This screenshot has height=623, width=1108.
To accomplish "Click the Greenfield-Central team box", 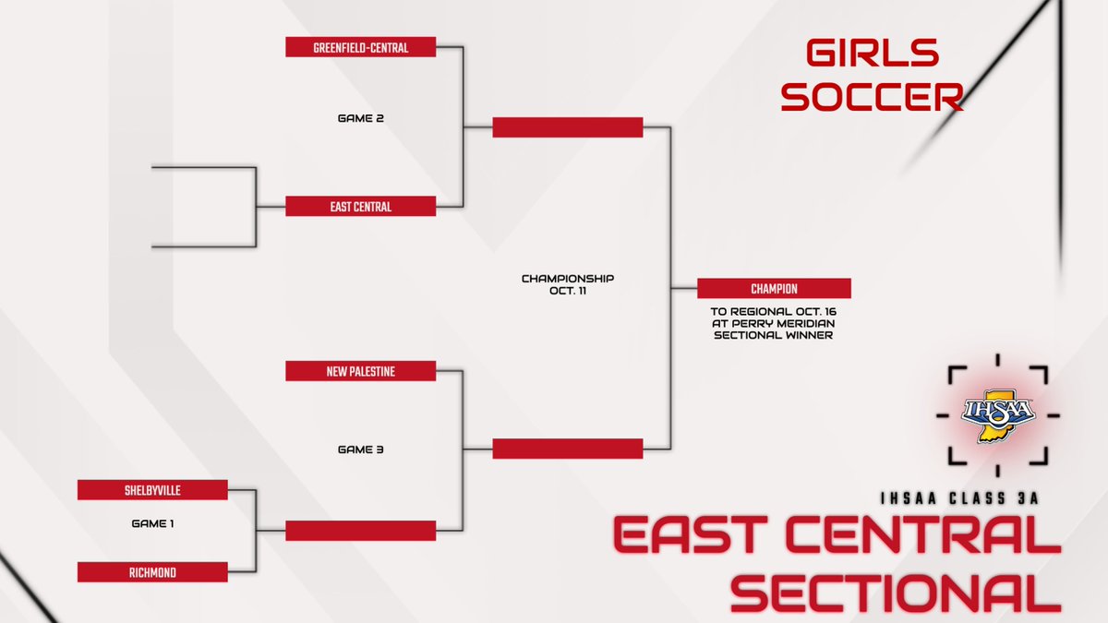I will point(360,47).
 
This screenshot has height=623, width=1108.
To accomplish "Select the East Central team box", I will point(360,207).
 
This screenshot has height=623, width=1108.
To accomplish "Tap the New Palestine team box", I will point(360,371).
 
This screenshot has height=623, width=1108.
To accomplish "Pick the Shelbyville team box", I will point(152,490).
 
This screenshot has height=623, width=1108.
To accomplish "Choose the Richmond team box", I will point(152,573).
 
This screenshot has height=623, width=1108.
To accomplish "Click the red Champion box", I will point(774,288).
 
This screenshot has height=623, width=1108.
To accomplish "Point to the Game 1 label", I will point(152,523).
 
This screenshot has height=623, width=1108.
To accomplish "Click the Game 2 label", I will point(360,118).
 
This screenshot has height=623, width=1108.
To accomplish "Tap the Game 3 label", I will point(360,449).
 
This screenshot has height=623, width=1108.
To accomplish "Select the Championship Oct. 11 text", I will point(568,283).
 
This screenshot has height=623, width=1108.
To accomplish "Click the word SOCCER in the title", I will point(873,96).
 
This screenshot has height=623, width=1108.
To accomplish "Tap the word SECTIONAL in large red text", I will point(896,591).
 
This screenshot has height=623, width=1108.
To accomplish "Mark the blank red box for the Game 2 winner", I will point(568,127).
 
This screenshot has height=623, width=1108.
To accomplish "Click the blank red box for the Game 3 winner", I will point(568,449).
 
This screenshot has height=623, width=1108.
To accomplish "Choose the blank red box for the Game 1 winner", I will point(360,531).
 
